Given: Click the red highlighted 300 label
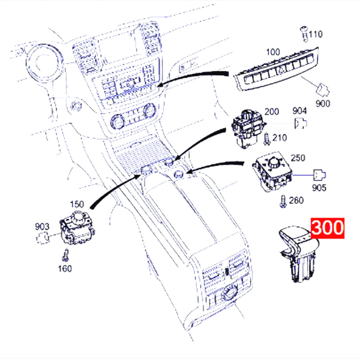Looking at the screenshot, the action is [x=328, y=228].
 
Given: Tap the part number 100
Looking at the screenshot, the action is [x=273, y=52].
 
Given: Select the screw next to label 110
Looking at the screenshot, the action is [x=305, y=35].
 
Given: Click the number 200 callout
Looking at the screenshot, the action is [x=272, y=112].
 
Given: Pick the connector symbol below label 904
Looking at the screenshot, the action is [x=301, y=123].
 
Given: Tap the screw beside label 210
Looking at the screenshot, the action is [x=267, y=139].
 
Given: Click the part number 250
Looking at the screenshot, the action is [x=298, y=158].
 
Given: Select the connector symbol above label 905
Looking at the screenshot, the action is [x=319, y=175].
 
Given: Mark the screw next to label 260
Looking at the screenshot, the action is [x=283, y=202].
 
